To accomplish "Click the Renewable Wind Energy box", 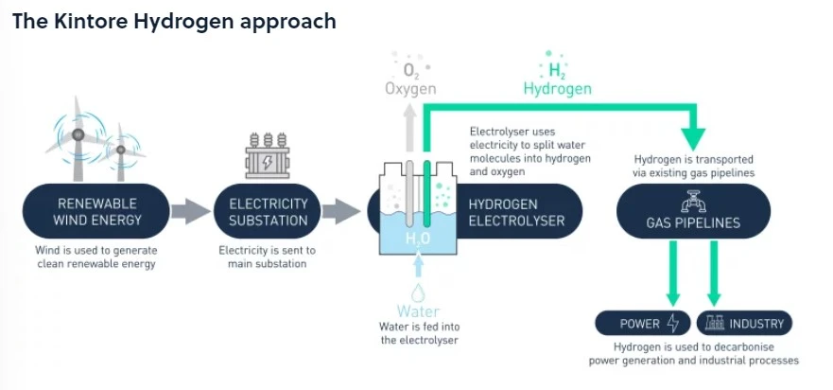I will coord(97,212).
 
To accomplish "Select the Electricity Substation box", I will coord(269,212).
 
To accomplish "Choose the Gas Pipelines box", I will coord(692,212).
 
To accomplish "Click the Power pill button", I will coord(642,324).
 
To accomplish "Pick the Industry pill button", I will coord(743,324).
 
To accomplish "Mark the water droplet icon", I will coord(417,292).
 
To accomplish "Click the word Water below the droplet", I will coord(418,311).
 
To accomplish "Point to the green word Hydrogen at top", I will coord(557,89).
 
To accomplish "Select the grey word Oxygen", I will coord(410,89).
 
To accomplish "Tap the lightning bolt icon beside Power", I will coord(672,324).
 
